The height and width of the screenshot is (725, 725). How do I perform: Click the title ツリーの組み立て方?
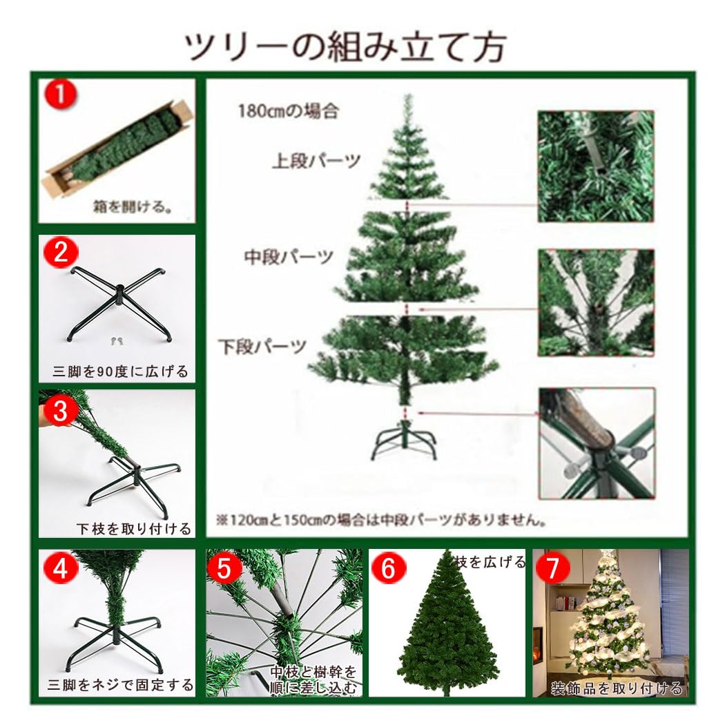click(x=345, y=47)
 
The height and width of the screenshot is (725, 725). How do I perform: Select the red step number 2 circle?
click(x=61, y=253)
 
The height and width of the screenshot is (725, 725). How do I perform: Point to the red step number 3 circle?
click(x=61, y=412)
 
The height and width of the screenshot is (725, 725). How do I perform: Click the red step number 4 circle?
click(x=61, y=568)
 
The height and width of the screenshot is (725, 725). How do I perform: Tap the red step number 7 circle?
click(x=557, y=568)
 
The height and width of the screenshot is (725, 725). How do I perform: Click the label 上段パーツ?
click(x=316, y=162)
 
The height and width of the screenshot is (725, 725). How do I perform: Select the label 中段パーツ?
click(x=289, y=257)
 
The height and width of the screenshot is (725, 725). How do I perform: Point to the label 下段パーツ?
click(x=262, y=346)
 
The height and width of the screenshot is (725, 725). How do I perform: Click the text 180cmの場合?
click(x=288, y=110)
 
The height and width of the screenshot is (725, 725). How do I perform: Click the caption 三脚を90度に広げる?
click(x=120, y=371)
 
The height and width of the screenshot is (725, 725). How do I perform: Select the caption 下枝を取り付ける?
click(x=133, y=529)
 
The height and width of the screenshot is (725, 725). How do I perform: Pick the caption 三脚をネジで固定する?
click(x=120, y=686)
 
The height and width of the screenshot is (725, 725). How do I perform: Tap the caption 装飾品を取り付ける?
click(x=616, y=688)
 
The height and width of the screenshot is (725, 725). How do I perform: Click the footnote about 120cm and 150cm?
click(x=381, y=520)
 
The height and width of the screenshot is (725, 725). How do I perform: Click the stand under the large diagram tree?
click(x=407, y=441)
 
